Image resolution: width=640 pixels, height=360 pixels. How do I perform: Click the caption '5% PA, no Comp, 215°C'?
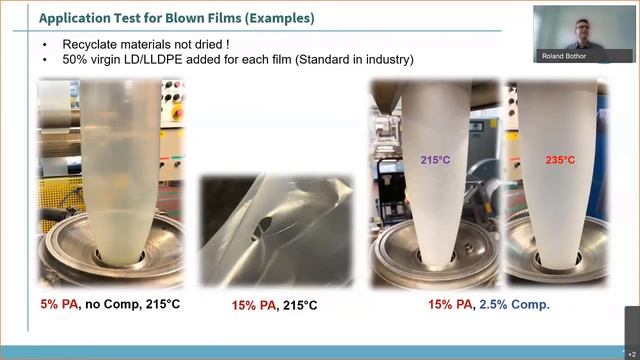(x=109, y=303)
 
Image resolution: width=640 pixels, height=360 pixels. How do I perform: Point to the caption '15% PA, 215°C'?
(x=274, y=304)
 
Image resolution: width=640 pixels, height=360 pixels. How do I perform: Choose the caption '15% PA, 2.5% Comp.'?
(x=489, y=303)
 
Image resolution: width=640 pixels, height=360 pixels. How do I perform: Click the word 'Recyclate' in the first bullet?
(x=90, y=45)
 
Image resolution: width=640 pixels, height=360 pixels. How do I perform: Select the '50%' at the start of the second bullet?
(x=76, y=60)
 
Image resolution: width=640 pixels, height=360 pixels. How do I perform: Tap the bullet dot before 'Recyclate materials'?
(x=46, y=45)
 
